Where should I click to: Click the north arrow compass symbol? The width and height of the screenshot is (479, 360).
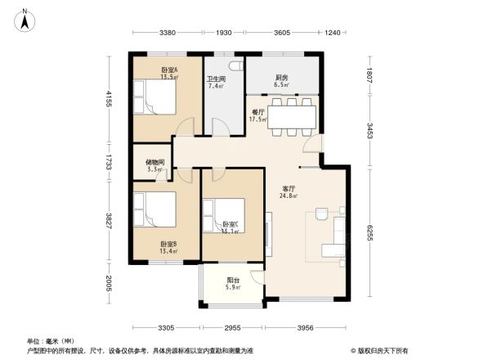26,19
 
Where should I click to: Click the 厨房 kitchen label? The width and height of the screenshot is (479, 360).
280,80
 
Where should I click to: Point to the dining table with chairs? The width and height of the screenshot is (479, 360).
292,117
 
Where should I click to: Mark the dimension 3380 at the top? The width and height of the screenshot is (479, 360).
168,34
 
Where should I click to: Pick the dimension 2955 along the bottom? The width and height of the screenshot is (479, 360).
233,329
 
